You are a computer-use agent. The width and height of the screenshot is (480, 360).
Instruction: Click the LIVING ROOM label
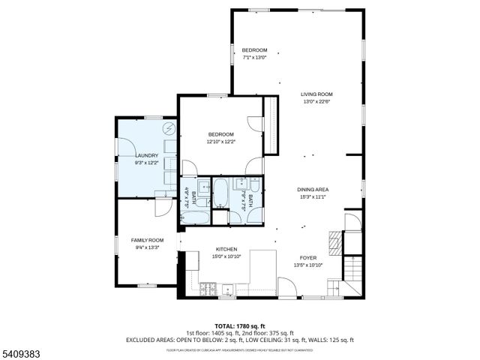pyautogui.click(x=316, y=94)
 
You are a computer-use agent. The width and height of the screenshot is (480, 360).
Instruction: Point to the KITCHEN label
pyautogui.click(x=226, y=249)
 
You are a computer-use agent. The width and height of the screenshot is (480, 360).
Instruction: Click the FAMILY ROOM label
pyautogui.click(x=147, y=240)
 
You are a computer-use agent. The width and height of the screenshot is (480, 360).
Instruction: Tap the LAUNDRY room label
pyautogui.click(x=146, y=155)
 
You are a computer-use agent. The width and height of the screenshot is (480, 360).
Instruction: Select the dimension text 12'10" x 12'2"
pyautogui.click(x=221, y=141)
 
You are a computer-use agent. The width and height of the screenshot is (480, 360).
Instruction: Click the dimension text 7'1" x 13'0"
pyautogui.click(x=254, y=57)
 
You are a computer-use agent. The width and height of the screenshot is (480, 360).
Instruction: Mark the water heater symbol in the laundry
pyautogui.click(x=169, y=129)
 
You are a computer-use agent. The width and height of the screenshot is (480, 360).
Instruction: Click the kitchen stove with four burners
pyautogui.click(x=209, y=289)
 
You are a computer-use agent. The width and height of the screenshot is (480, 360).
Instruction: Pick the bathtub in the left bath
pyautogui.click(x=197, y=217)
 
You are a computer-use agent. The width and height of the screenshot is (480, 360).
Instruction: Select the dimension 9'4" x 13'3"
pyautogui.click(x=147, y=247)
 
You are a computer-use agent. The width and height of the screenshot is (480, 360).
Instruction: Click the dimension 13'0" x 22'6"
pyautogui.click(x=316, y=101)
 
